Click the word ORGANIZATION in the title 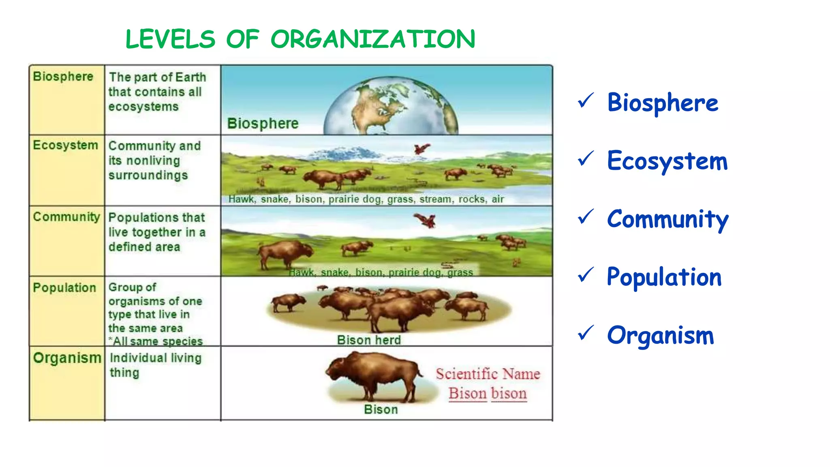pos(373,39)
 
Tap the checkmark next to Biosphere pos(586,101)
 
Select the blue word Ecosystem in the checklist pos(667,161)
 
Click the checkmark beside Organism pos(586,333)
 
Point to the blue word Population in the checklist pos(664,277)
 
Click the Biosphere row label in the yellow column pos(63,77)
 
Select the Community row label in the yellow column pos(66,217)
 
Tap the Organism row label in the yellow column pos(67,358)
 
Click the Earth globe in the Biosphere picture pos(391,107)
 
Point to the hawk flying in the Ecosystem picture pos(421,149)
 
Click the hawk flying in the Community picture pos(426,221)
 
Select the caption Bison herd pos(369,340)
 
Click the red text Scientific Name pos(488,374)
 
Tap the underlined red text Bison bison pos(488,394)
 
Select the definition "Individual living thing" pos(155,365)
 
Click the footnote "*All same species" pos(156,341)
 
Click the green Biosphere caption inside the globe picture pos(263,123)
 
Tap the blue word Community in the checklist pos(667,219)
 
